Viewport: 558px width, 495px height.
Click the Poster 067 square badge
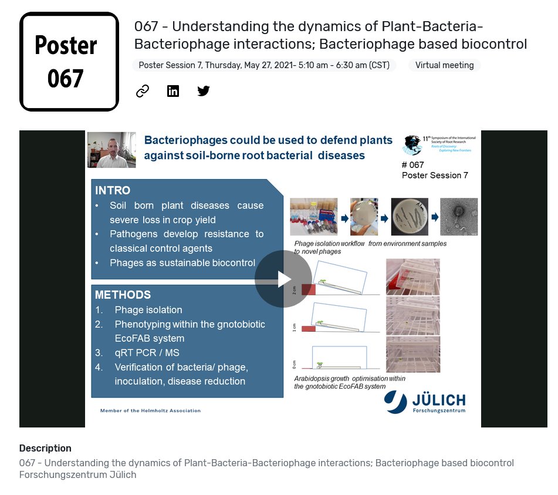coord(69,62)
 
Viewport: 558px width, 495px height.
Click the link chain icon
coord(143,91)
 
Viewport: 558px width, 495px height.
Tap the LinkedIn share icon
coord(173,91)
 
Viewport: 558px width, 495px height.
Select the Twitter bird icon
coord(204,91)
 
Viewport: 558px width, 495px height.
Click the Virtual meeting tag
coord(444,65)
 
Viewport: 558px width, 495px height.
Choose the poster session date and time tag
coord(264,65)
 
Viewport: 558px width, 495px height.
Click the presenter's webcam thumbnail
coord(111,150)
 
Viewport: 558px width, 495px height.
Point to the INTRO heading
coord(113,191)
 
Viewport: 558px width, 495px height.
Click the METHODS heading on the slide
coord(123,295)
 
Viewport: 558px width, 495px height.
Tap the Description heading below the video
coord(45,448)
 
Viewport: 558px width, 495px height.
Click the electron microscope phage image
coord(459,217)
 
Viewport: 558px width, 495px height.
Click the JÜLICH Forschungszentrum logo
coord(425,403)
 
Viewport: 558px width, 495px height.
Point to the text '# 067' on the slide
coord(413,165)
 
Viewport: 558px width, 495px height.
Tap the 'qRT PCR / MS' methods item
coord(147,353)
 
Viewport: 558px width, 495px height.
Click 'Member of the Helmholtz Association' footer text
coord(150,410)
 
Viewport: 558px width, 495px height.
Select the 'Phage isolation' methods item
coord(148,309)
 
